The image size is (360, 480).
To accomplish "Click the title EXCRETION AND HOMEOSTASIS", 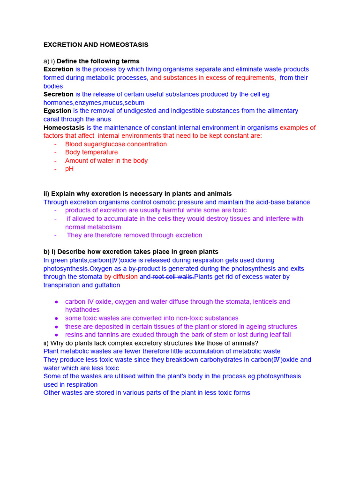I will click(x=96, y=45).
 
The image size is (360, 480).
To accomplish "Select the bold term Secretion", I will click(x=59, y=94).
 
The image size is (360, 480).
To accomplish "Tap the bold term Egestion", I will click(x=57, y=111).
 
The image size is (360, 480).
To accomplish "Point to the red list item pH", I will click(x=69, y=169).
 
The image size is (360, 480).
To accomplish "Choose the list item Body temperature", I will click(x=91, y=152).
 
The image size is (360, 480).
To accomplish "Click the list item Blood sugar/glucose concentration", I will click(x=116, y=144).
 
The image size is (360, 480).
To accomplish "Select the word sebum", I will click(x=134, y=103).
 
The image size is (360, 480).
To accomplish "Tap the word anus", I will click(x=103, y=119).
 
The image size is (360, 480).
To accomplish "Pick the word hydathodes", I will click(x=82, y=310).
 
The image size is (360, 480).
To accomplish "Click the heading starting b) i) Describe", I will click(x=131, y=252).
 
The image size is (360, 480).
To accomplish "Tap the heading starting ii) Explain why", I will click(x=137, y=194).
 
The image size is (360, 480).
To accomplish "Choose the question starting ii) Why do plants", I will click(x=150, y=343).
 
